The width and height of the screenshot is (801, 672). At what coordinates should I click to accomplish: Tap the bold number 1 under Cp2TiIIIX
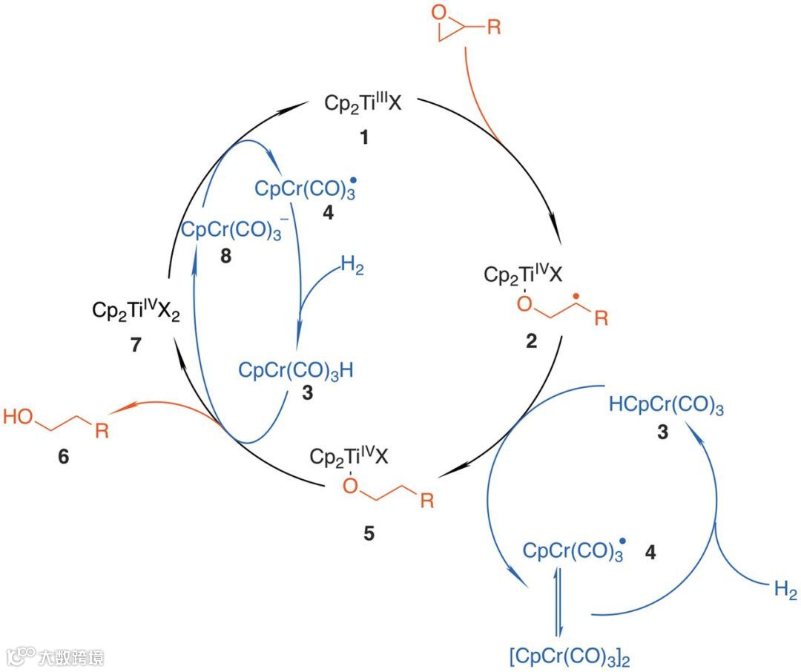click(x=363, y=138)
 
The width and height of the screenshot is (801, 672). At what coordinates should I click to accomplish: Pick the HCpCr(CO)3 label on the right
click(x=666, y=406)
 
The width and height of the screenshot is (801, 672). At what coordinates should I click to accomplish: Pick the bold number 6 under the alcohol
click(x=63, y=458)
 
